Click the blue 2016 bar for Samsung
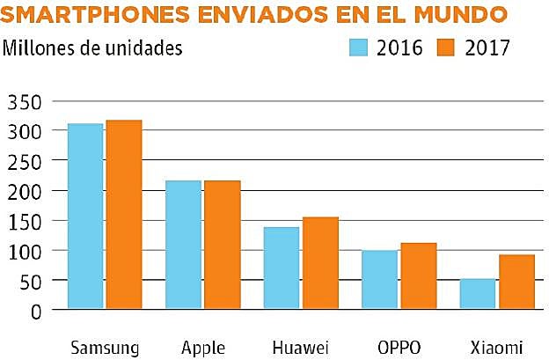click(85, 217)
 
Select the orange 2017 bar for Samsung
click(123, 215)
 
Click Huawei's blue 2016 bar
click(282, 268)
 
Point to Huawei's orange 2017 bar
click(320, 263)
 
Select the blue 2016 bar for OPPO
click(380, 280)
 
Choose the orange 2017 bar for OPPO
click(418, 276)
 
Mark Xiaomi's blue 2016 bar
click(478, 294)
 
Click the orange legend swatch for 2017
click(449, 48)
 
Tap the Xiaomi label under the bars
click(497, 346)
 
